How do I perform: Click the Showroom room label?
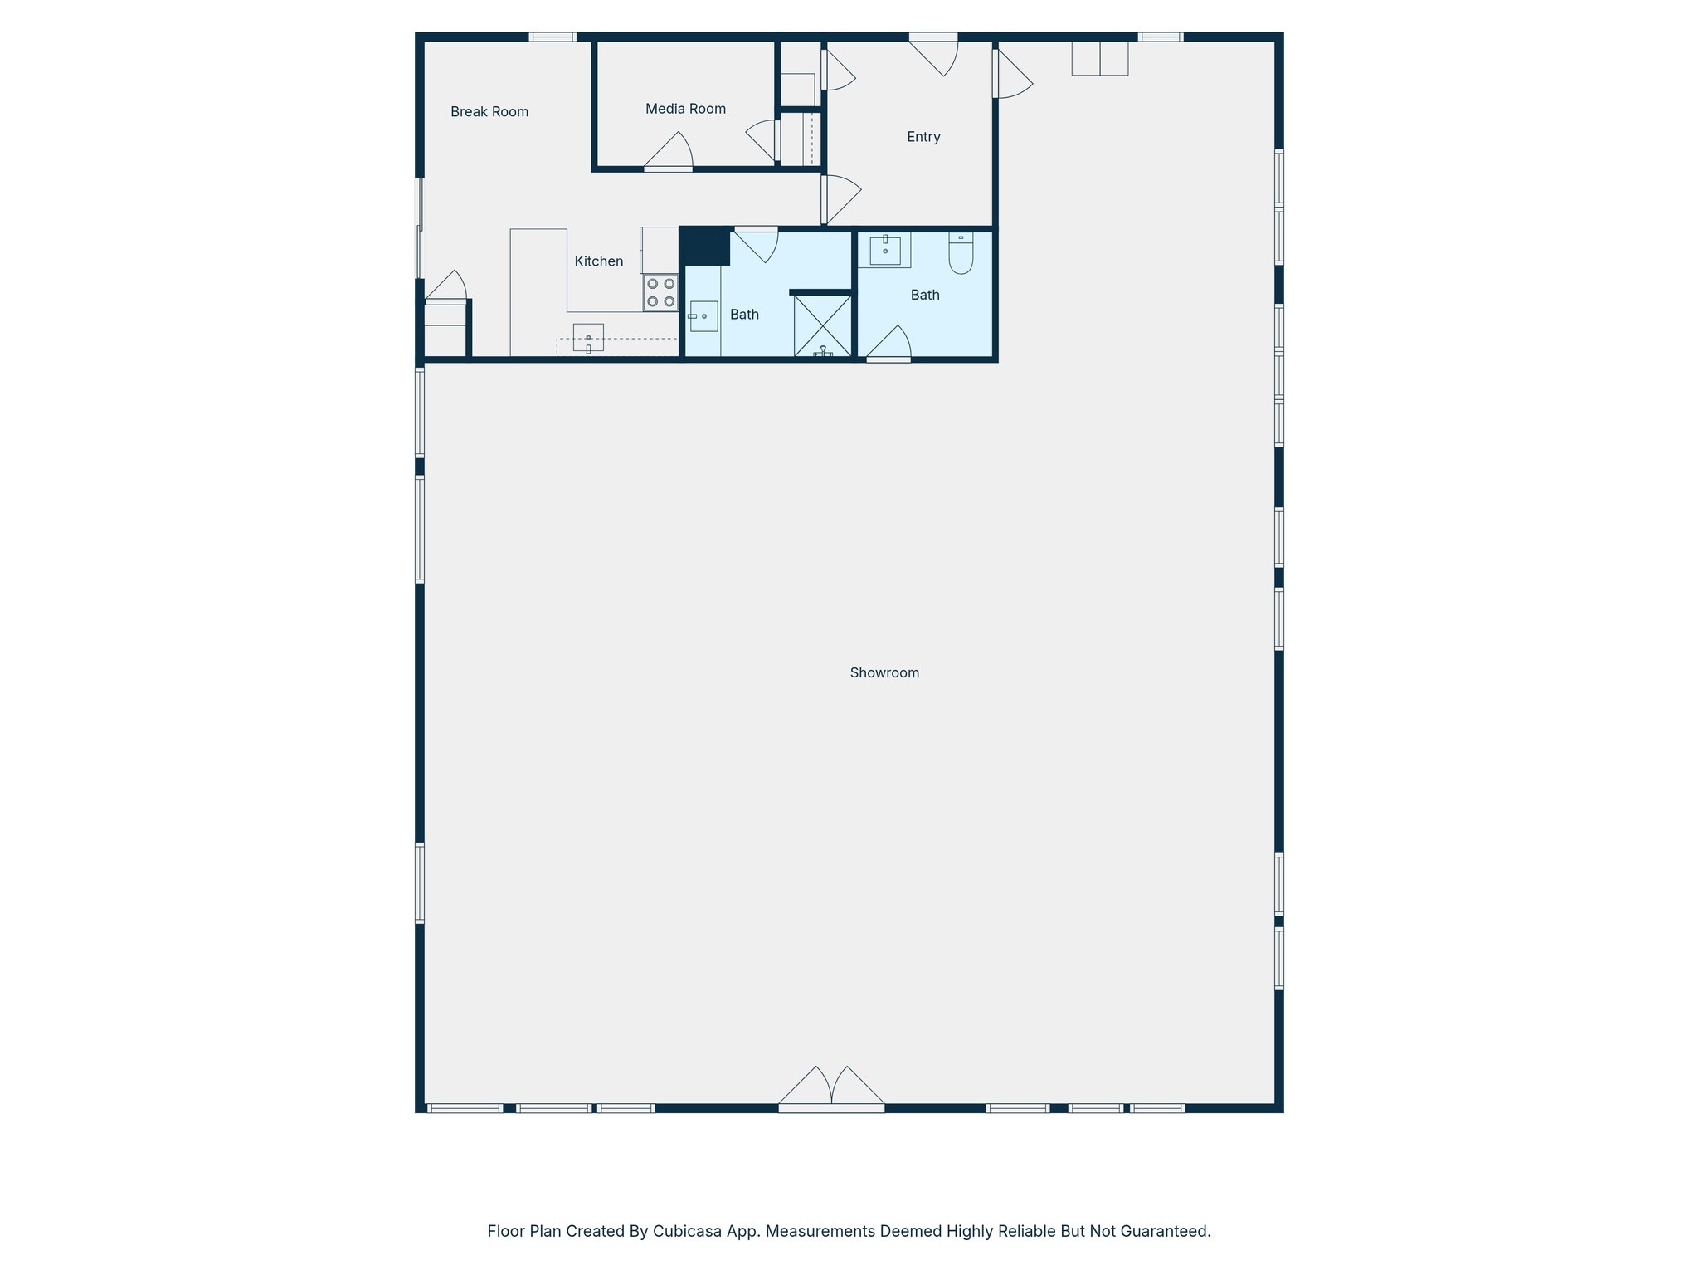pyautogui.click(x=884, y=672)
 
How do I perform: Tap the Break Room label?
pyautogui.click(x=489, y=112)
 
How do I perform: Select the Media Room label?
pyautogui.click(x=685, y=109)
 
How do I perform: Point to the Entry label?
pyautogui.click(x=923, y=137)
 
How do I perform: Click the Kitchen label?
pyautogui.click(x=598, y=261)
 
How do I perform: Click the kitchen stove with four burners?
pyautogui.click(x=660, y=292)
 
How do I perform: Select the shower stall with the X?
pyautogui.click(x=822, y=325)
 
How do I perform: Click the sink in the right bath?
pyautogui.click(x=884, y=250)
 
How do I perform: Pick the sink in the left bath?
pyautogui.click(x=703, y=316)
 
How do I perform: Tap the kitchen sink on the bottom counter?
pyautogui.click(x=588, y=337)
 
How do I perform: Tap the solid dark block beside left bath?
pyautogui.click(x=705, y=246)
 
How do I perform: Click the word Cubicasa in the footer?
pyautogui.click(x=684, y=1231)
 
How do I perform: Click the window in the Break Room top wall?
pyautogui.click(x=553, y=37)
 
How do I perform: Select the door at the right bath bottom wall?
pyautogui.click(x=889, y=345)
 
